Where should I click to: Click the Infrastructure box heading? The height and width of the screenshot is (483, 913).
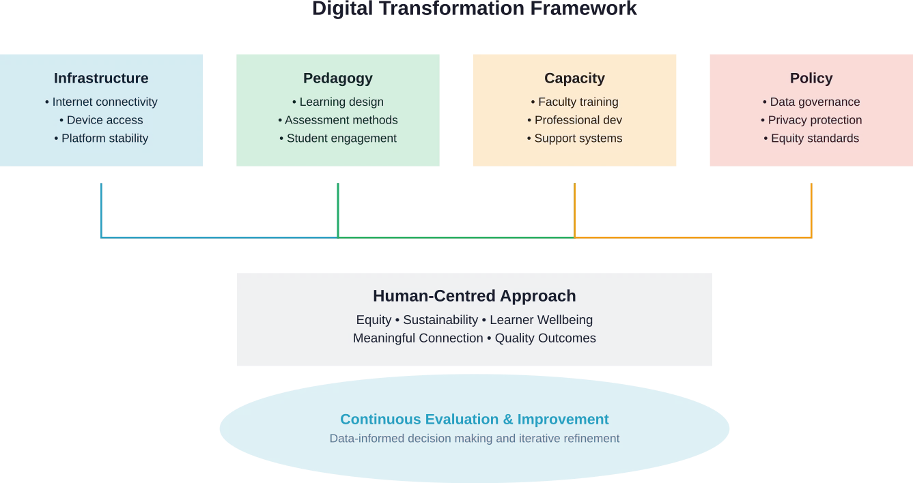[101, 78]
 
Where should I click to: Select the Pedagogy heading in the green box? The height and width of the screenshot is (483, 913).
[338, 78]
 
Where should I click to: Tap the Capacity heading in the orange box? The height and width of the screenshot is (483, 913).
[574, 78]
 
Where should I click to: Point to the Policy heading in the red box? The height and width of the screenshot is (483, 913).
[811, 78]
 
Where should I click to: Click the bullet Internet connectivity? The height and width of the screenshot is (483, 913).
[104, 102]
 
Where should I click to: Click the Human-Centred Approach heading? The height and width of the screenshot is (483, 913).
[475, 296]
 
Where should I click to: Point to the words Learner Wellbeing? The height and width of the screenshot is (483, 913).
[541, 320]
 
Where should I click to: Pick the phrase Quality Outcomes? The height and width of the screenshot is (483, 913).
[545, 338]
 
